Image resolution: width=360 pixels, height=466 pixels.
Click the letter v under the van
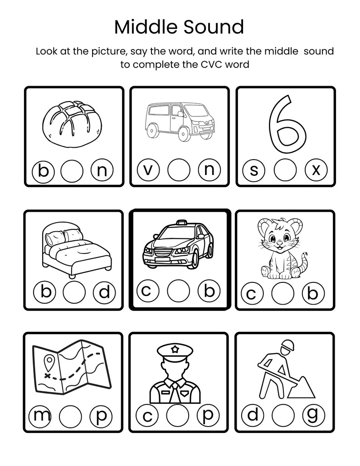point(148,170)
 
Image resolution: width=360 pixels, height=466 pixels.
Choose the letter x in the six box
point(316,170)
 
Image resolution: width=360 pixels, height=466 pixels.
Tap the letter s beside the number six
point(254,171)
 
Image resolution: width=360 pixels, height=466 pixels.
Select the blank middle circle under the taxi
point(178,291)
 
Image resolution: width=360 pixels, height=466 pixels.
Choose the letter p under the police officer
point(208,415)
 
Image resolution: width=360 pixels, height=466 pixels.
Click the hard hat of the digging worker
point(287,347)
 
